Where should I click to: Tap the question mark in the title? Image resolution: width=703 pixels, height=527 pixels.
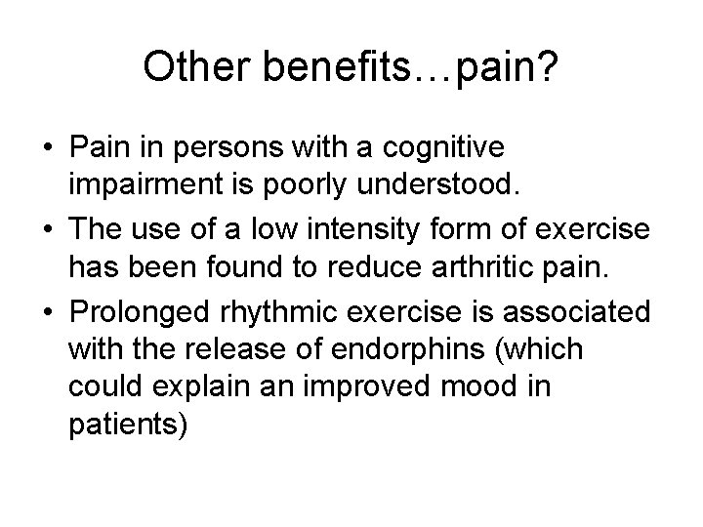(549, 67)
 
